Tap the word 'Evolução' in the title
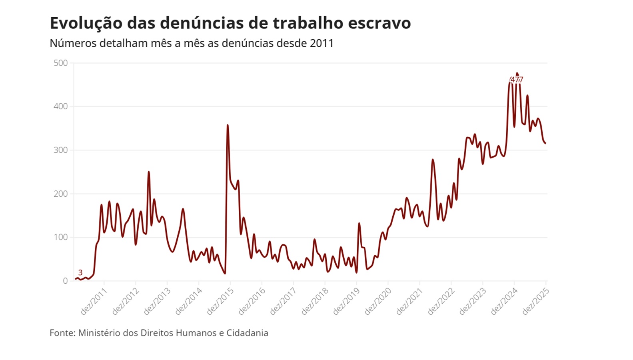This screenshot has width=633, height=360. tap(86, 23)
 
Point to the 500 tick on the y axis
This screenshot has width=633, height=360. tap(61, 63)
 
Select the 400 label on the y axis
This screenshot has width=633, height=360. tap(61, 107)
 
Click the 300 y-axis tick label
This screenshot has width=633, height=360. tap(61, 150)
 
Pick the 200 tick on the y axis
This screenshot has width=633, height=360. tap(61, 194)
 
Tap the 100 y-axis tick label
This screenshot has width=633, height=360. tap(61, 238)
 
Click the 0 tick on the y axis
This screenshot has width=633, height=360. tap(65, 281)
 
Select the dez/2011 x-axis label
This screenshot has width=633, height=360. tap(94, 301)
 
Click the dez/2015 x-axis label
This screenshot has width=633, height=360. tap(220, 301)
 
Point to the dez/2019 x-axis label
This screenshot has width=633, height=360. tap(346, 301)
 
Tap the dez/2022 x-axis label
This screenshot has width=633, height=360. tap(441, 301)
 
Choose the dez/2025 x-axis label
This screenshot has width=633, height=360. tap(536, 301)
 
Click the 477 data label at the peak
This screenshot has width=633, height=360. tap(517, 80)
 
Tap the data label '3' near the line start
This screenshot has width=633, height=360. tap(80, 273)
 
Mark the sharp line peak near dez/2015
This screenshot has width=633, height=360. tap(228, 125)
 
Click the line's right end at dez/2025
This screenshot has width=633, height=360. tap(545, 143)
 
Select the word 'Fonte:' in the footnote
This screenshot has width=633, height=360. tap(62, 333)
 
